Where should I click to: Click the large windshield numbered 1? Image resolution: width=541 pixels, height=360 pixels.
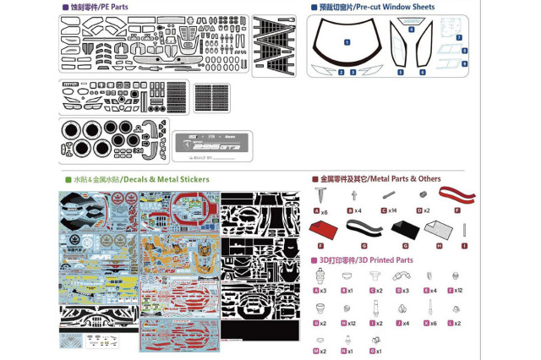point(347,41)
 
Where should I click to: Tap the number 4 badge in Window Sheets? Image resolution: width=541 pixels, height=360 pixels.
point(412,30)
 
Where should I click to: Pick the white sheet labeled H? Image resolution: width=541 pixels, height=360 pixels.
point(438,230)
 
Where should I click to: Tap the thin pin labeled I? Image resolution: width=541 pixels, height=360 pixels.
point(464,230)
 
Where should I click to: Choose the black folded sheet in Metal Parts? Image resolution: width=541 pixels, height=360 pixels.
point(402,229)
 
